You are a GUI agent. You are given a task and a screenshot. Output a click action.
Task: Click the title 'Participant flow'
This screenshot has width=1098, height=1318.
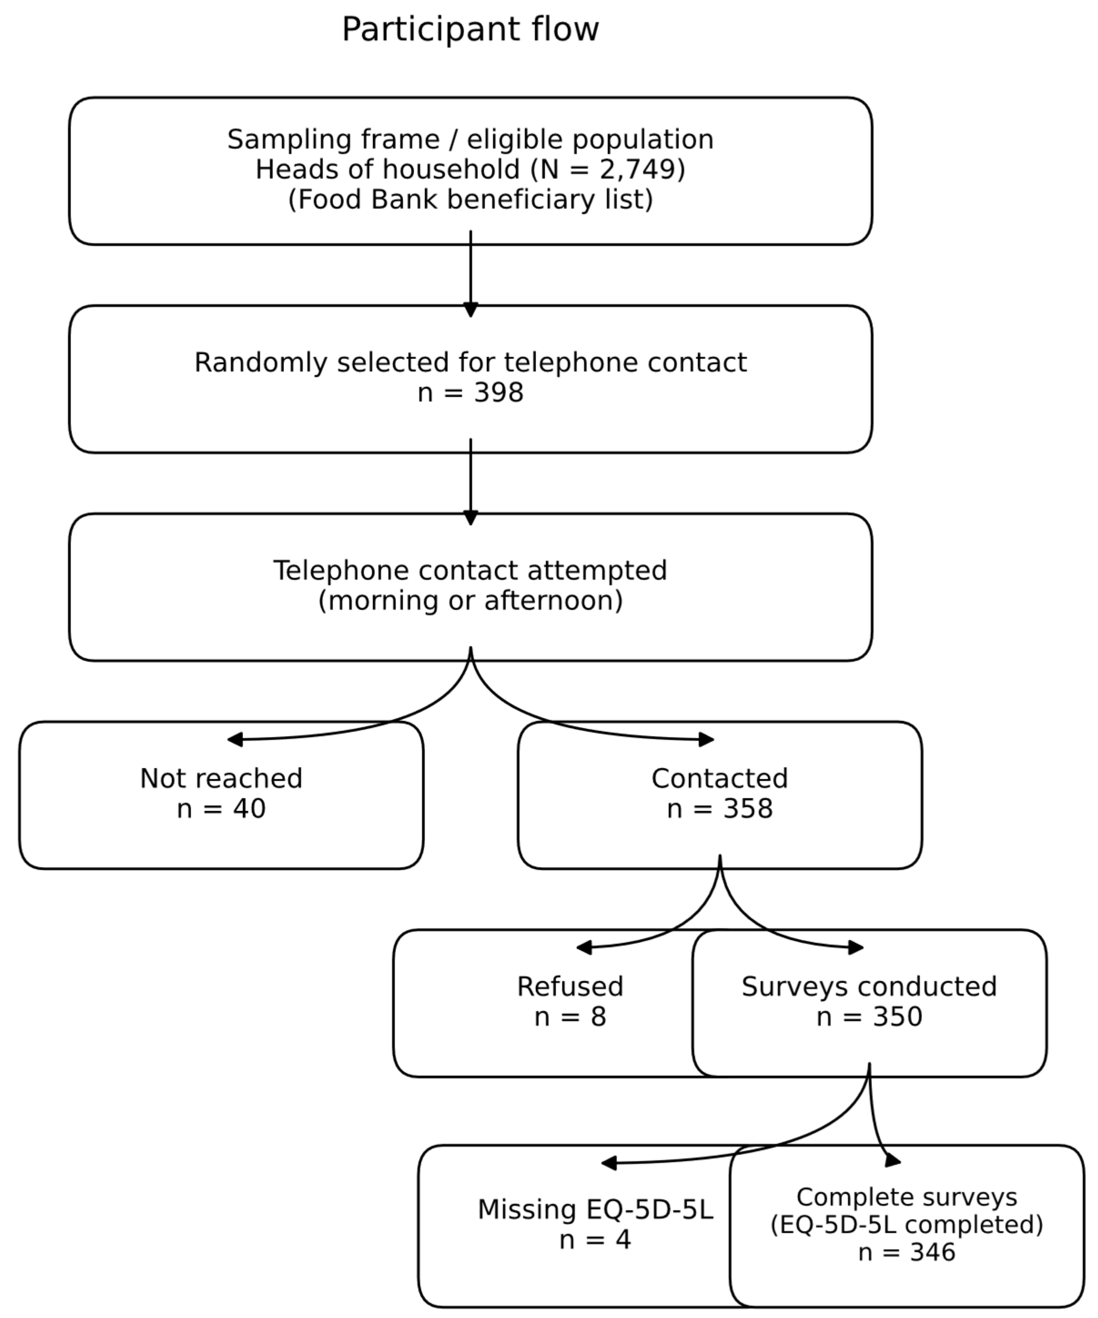click(x=470, y=30)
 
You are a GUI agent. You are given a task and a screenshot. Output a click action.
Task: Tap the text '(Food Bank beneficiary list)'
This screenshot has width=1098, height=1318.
click(x=470, y=200)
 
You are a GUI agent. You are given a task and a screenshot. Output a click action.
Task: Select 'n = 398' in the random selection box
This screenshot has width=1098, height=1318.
click(x=470, y=393)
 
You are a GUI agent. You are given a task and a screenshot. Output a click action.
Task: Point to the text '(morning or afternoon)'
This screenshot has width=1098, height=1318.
click(x=470, y=601)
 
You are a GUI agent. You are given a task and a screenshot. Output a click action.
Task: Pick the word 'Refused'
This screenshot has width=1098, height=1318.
click(x=569, y=986)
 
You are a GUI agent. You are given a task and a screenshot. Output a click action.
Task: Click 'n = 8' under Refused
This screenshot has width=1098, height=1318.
click(x=569, y=1017)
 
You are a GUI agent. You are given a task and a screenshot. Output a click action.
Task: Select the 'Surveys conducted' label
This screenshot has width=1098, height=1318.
click(x=869, y=986)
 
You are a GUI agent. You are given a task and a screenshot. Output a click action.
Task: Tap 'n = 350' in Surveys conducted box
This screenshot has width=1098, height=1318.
click(x=869, y=1017)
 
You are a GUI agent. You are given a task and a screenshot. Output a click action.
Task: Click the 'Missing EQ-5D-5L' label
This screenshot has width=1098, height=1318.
click(x=595, y=1209)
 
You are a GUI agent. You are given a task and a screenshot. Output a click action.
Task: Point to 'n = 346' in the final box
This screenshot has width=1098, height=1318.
click(x=907, y=1252)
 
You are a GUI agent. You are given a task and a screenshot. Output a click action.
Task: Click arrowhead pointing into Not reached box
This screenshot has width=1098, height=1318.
click(x=235, y=739)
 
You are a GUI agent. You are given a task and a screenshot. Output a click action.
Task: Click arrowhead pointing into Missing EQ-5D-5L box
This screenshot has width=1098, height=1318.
click(x=608, y=1163)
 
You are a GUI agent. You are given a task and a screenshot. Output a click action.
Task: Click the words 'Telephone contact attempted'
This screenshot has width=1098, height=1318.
click(x=470, y=570)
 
